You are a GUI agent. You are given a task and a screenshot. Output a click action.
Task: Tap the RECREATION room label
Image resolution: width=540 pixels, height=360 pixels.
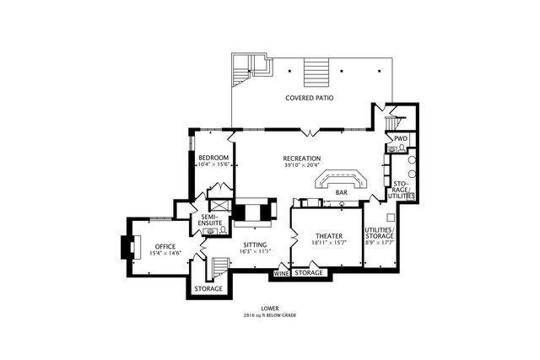click(302, 158)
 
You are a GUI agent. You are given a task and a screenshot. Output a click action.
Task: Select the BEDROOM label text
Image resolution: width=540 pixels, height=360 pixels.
click(213, 158)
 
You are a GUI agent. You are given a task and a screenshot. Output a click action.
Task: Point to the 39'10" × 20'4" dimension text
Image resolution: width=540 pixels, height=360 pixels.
click(302, 165)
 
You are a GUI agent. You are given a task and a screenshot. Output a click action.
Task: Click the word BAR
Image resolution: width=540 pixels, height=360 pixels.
click(342, 193)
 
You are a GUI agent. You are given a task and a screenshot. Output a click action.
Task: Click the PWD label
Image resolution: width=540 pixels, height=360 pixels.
click(401, 138)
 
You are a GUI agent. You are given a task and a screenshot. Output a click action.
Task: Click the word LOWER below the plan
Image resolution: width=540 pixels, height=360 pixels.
click(270, 309)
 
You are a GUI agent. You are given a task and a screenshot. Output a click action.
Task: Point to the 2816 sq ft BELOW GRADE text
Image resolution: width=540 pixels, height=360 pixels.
click(270, 315)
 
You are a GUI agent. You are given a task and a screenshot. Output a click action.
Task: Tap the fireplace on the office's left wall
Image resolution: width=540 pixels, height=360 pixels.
click(127, 247)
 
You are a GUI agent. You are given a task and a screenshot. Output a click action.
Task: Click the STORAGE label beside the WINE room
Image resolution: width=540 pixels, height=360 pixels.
click(310, 273)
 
